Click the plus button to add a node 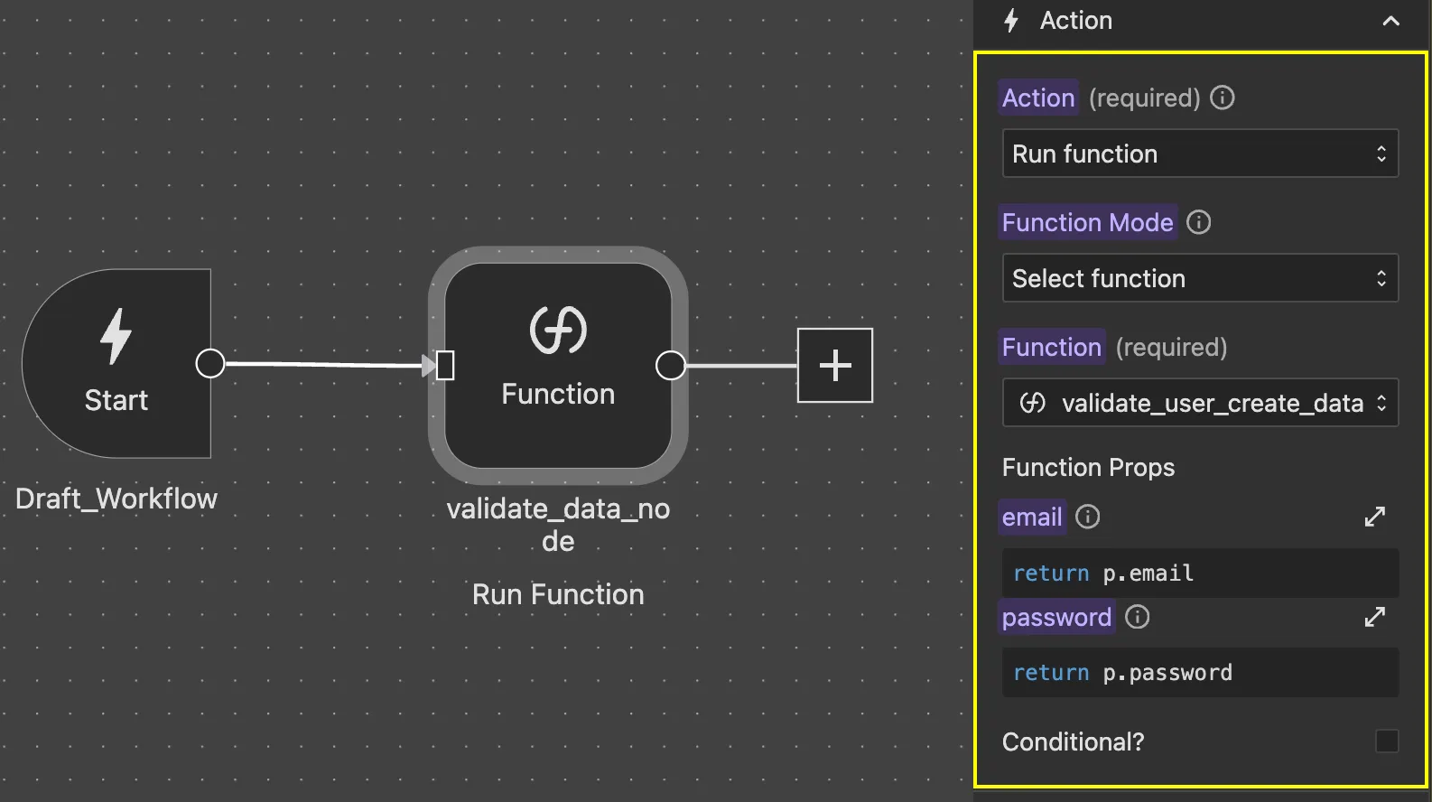(835, 365)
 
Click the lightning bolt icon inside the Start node (116, 336)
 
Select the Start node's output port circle (210, 363)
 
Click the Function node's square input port (445, 366)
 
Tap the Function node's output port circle (670, 366)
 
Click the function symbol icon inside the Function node (558, 330)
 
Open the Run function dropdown (1199, 154)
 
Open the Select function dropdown (1199, 278)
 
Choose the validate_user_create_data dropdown (1199, 403)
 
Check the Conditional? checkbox (1386, 741)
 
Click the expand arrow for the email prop (1374, 517)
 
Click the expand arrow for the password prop (1374, 617)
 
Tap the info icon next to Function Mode (1198, 222)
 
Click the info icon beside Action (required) (1222, 98)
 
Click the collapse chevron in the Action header (1390, 21)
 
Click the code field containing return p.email (1199, 573)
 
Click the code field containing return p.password (1199, 672)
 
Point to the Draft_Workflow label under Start (116, 499)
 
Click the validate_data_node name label (558, 525)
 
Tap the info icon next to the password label (1137, 617)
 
